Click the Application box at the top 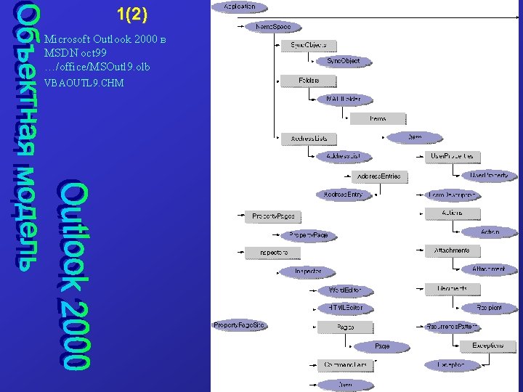[x=239, y=7]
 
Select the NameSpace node [x=273, y=27]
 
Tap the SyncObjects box [x=309, y=46]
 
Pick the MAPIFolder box [x=344, y=99]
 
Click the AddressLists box [x=309, y=138]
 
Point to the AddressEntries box [x=379, y=176]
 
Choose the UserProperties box [x=452, y=156]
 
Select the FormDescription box [x=452, y=195]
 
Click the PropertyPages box [x=273, y=216]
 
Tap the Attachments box [x=452, y=250]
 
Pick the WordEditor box [x=344, y=290]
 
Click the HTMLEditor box [x=344, y=308]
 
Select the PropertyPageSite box [x=239, y=325]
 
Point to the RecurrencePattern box [x=452, y=327]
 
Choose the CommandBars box [x=344, y=364]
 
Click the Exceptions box [x=487, y=346]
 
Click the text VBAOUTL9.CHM [x=84, y=83]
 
